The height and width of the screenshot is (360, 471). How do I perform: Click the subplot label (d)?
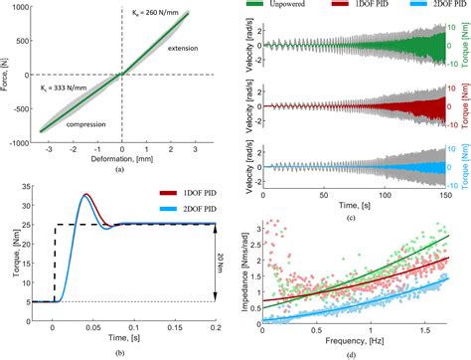click(361, 354)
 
